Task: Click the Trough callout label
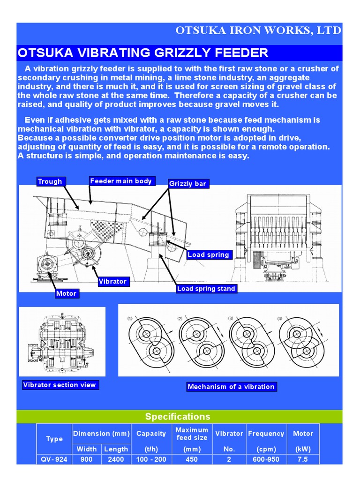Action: [x=50, y=181]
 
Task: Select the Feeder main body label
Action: [x=121, y=181]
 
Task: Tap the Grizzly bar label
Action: [x=188, y=184]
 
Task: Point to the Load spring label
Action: [x=209, y=255]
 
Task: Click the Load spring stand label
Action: [x=206, y=289]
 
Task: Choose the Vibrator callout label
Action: [x=112, y=281]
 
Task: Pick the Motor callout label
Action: [x=66, y=293]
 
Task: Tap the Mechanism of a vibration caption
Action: [x=231, y=387]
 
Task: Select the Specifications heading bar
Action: [x=178, y=417]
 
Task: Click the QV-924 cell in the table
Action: [x=54, y=459]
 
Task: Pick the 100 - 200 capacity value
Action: [x=151, y=459]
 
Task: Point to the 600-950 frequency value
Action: [x=266, y=459]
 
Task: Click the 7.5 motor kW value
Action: [x=303, y=459]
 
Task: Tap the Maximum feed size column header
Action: [x=191, y=434]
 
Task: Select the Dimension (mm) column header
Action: [x=102, y=434]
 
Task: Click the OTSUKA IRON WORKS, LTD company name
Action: [x=258, y=30]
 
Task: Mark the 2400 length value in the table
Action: [x=116, y=459]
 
